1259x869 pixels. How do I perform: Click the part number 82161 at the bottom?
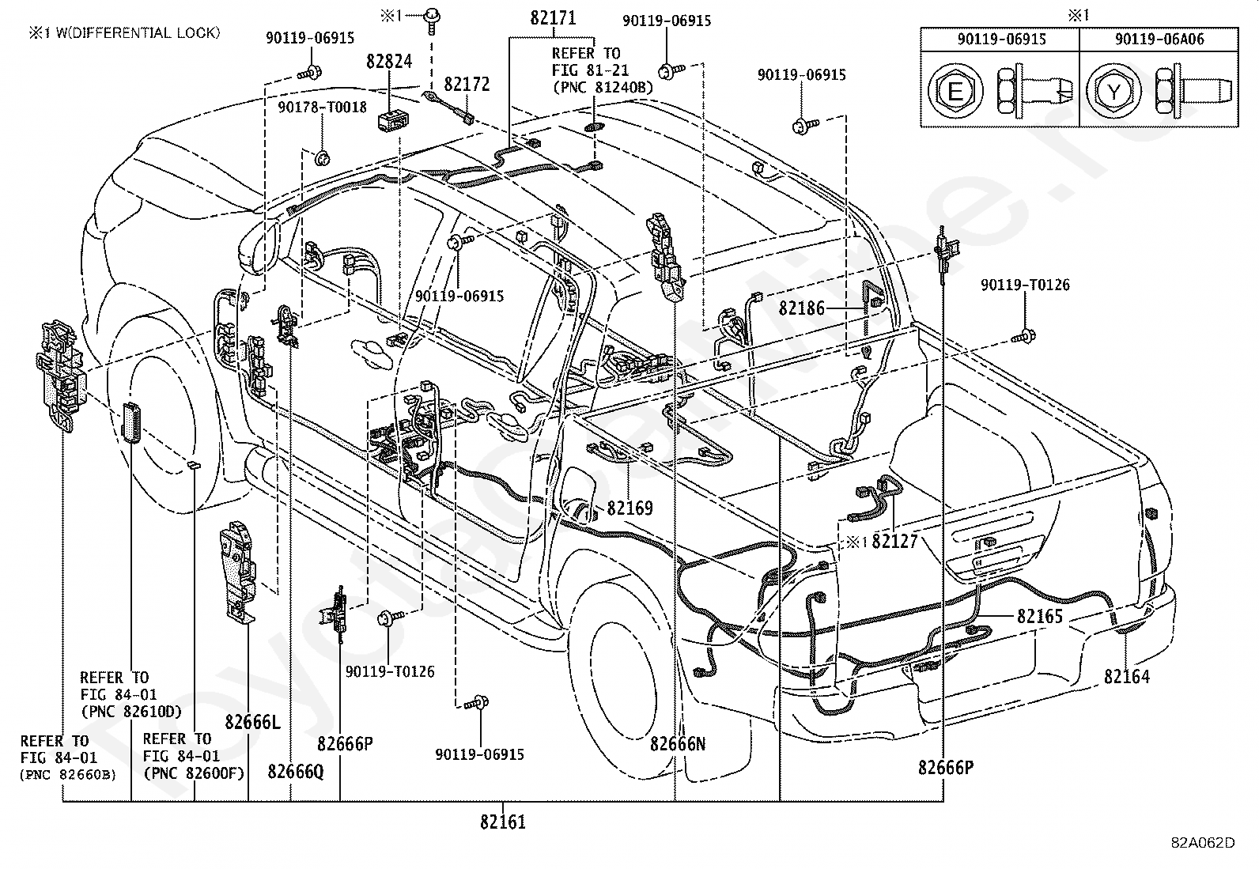pos(502,822)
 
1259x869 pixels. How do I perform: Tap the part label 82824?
pos(389,61)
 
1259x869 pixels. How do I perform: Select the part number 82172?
pos(467,84)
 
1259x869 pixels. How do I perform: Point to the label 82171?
pos(553,18)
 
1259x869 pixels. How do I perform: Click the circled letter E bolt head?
pos(955,91)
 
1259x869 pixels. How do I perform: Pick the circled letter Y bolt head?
pos(1113,91)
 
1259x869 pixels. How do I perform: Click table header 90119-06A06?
pos(1159,39)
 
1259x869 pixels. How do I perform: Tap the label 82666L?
pos(252,722)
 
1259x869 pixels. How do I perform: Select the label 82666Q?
pos(296,771)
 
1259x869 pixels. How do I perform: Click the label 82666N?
pos(677,743)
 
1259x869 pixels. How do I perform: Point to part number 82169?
pos(629,508)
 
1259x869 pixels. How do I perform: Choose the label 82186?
pos(801,308)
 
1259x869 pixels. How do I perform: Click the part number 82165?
pos(1040,616)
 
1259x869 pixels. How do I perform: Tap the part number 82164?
pos(1127,676)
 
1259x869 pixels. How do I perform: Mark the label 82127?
pos(894,542)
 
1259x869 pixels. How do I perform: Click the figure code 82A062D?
pos(1204,843)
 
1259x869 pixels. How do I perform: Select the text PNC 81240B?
pos(603,87)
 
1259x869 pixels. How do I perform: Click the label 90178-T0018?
pos(322,107)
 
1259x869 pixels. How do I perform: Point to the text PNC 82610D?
pos(131,711)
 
